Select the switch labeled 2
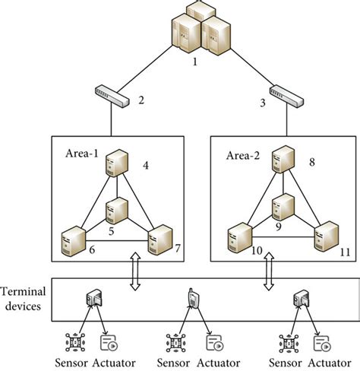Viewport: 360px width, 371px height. pos(112,94)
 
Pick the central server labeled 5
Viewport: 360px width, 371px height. pos(115,209)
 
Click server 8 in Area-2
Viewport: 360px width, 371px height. pos(284,159)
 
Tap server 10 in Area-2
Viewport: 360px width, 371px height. pos(240,238)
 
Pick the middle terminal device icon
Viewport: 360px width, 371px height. pos(193,300)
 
